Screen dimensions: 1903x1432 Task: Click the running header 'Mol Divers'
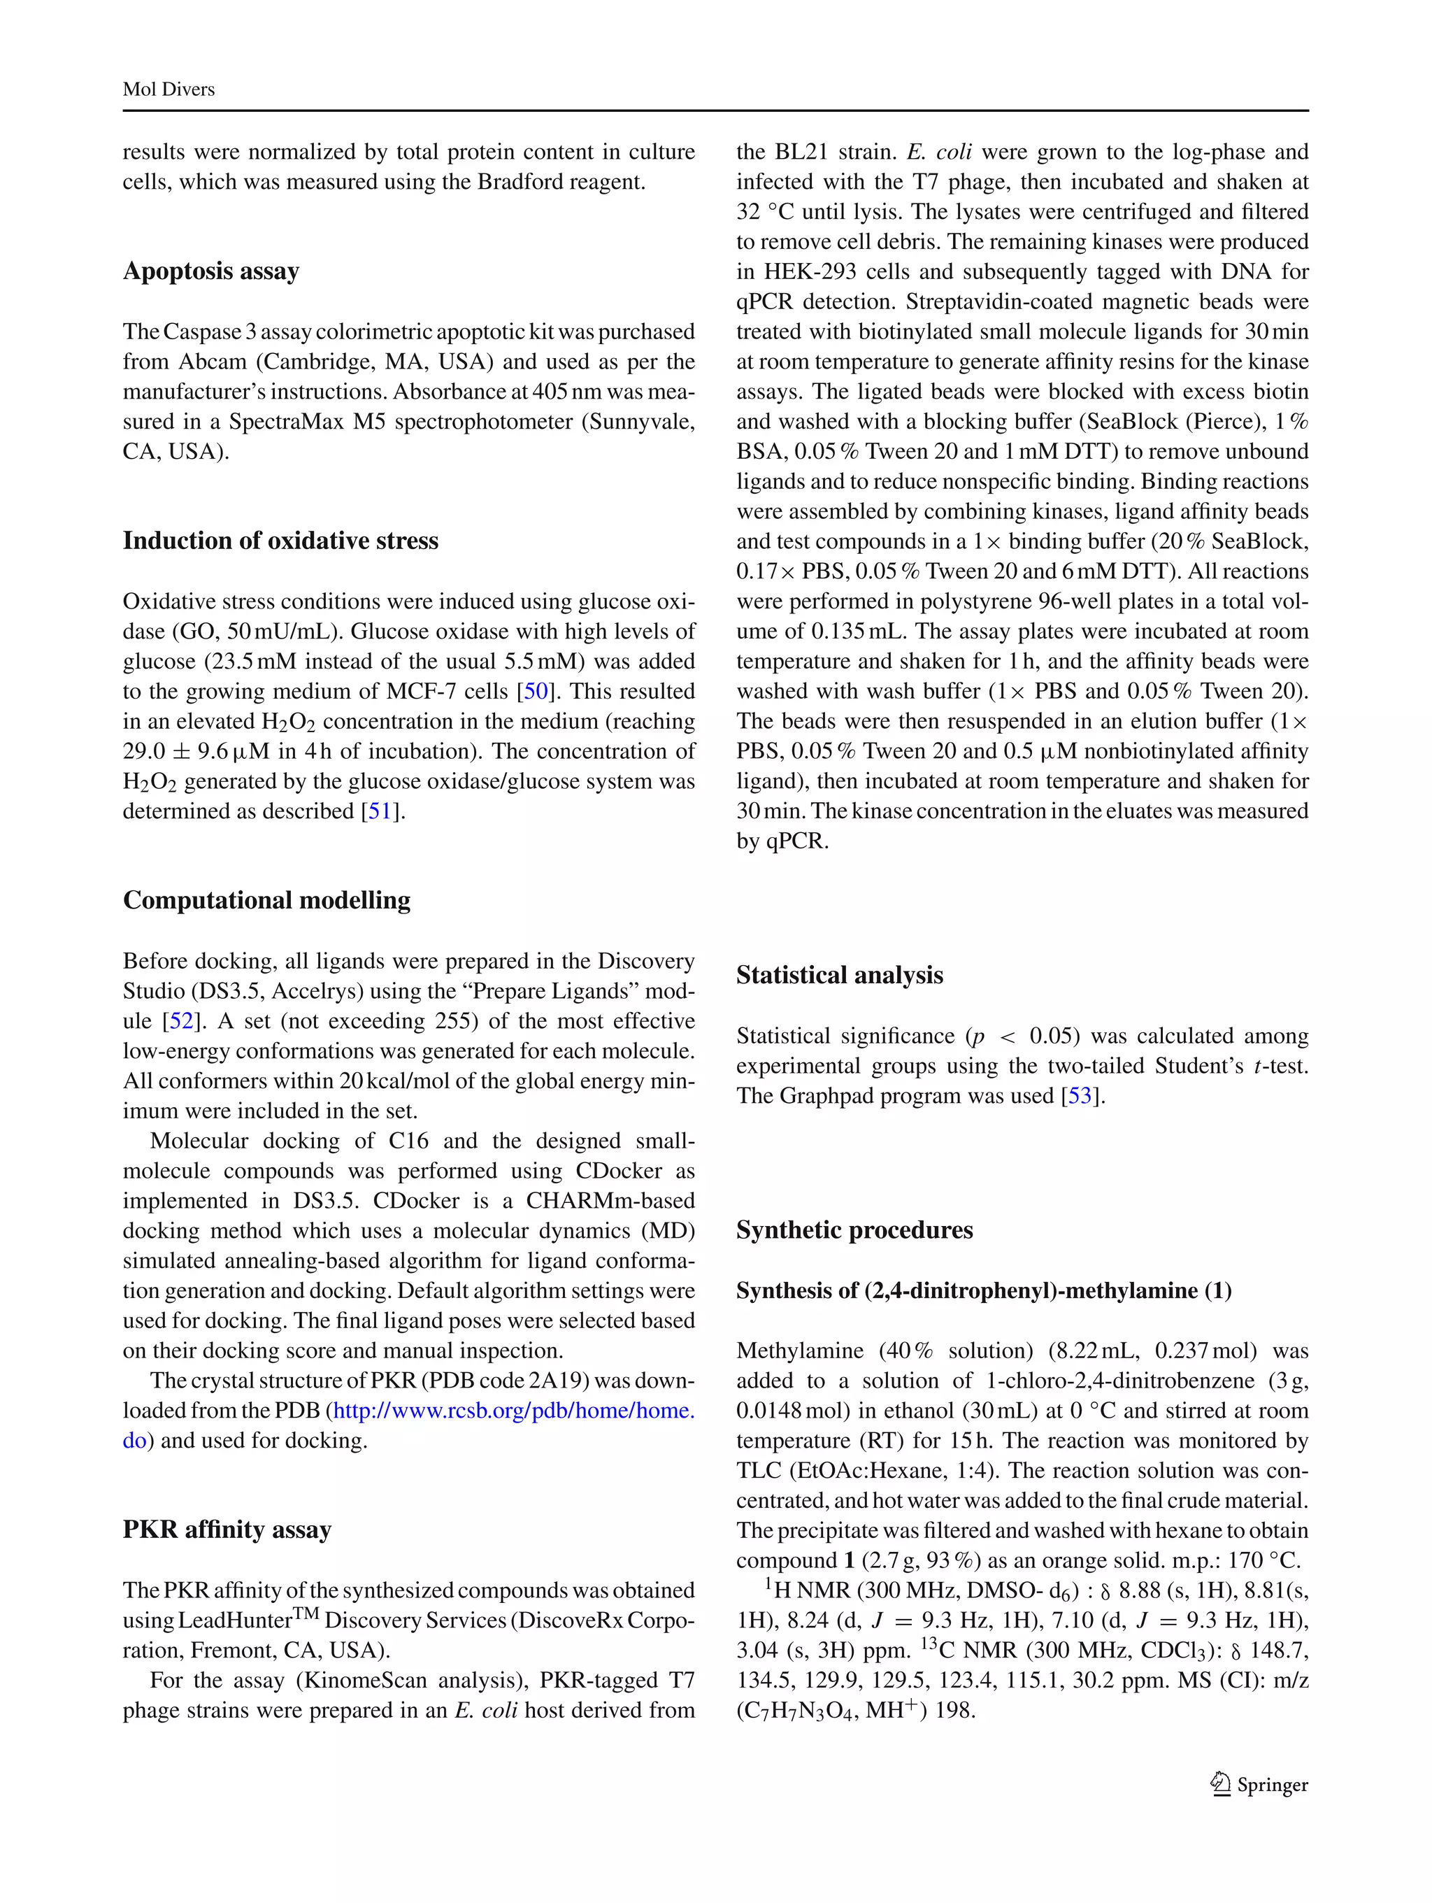click(x=169, y=90)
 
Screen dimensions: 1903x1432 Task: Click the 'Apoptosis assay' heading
click(x=210, y=271)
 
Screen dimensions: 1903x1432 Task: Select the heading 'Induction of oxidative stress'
click(x=280, y=541)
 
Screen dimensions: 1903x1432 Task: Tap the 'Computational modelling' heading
click(x=266, y=900)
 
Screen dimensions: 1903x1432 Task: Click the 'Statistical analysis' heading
click(x=840, y=975)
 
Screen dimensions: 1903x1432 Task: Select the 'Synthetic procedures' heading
click(x=854, y=1230)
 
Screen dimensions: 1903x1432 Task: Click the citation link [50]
click(x=536, y=692)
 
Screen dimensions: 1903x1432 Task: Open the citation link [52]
click(x=180, y=1021)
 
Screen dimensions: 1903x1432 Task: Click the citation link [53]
click(x=1080, y=1096)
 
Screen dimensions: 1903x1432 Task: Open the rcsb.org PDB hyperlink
click(x=513, y=1411)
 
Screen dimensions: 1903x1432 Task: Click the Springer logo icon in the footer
click(x=1220, y=1784)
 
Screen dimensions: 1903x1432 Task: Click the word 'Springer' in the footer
click(x=1272, y=1785)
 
